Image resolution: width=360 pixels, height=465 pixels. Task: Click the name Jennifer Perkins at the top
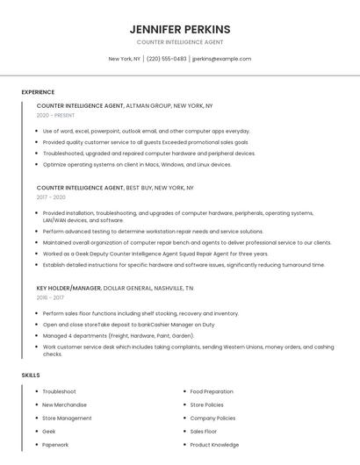coord(179,29)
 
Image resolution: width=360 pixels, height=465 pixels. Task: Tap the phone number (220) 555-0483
coord(167,59)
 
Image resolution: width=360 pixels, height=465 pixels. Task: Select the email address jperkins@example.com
coord(221,59)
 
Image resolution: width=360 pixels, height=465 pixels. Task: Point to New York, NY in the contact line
coord(125,59)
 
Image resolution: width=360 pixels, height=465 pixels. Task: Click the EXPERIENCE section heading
coord(38,92)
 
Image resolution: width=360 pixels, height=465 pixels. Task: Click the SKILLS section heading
coord(31,376)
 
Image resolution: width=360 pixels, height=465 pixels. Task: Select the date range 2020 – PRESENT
coord(55,116)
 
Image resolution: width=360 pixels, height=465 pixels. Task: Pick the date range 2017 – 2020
coord(51,197)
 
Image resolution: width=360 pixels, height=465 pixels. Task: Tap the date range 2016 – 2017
coord(50,298)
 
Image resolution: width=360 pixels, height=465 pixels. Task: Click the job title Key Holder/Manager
coord(68,288)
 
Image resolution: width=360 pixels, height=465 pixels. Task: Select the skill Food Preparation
coord(212,391)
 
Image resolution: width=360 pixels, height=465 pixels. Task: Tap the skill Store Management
coord(67,418)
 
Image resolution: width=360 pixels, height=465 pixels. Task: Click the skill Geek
coord(49,431)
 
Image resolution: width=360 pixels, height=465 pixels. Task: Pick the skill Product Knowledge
coord(214,444)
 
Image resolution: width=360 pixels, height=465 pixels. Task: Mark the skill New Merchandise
coord(65,404)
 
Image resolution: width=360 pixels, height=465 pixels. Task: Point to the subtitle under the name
coord(179,42)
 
